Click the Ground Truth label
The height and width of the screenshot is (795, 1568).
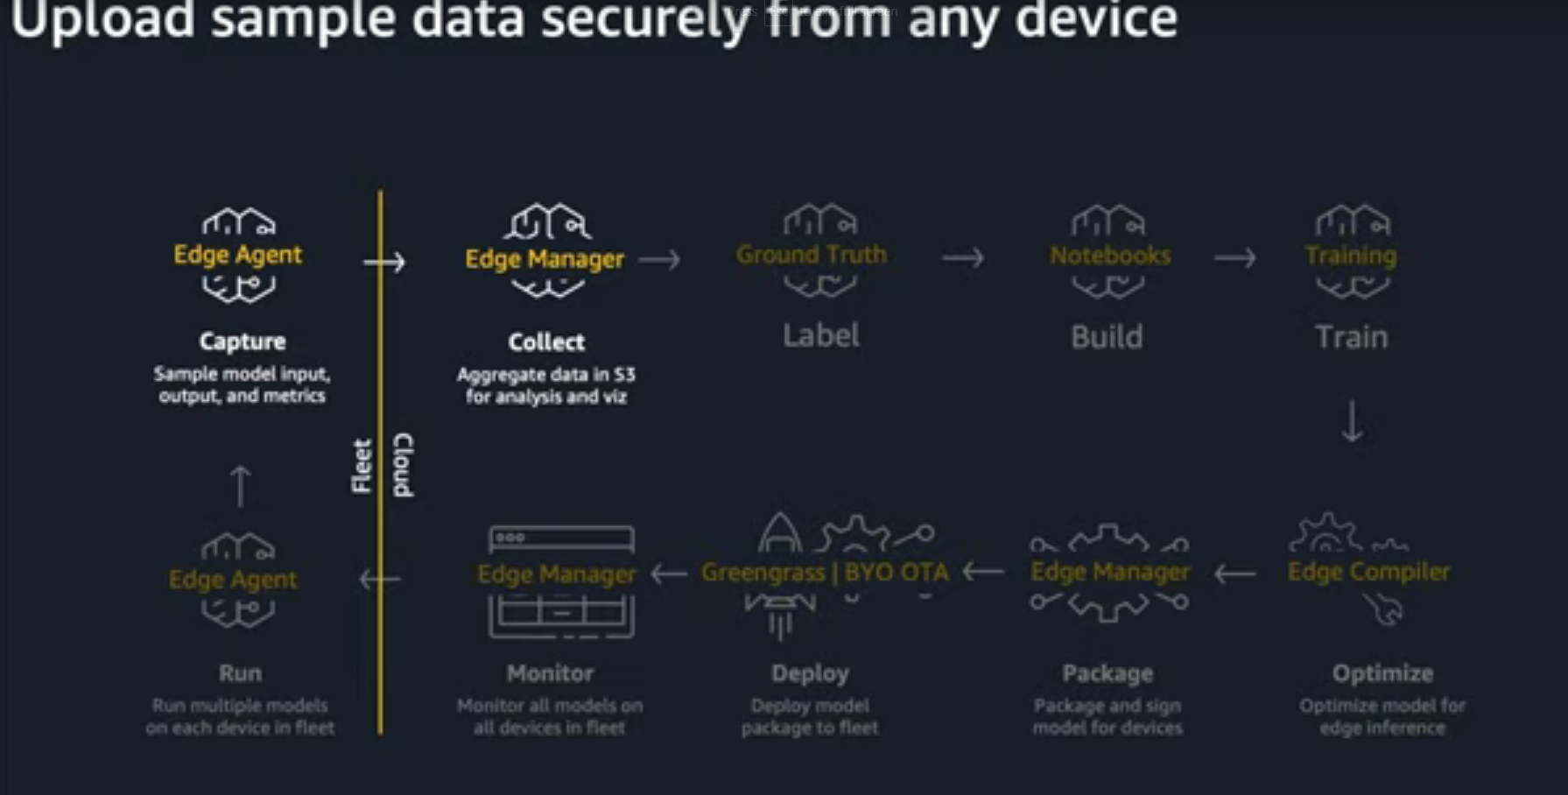812,255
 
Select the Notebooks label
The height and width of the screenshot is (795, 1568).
1109,256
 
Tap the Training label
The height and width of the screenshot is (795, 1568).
1350,256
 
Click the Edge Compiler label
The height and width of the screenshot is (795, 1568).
1368,572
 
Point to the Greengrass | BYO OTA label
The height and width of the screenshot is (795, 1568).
825,573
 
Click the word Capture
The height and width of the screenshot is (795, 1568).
243,341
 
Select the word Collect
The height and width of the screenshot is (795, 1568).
546,342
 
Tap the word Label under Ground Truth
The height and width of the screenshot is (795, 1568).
821,335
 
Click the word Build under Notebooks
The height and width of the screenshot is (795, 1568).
1107,337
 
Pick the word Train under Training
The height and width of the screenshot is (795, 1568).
1351,337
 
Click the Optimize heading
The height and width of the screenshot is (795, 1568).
1382,673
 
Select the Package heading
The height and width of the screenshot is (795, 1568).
1107,673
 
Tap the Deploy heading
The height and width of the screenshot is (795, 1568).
810,673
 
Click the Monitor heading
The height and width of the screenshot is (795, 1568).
550,673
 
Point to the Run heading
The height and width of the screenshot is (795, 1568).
240,673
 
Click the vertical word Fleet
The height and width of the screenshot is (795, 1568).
362,466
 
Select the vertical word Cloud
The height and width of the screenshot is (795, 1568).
404,465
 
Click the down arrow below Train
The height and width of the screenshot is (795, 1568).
1352,421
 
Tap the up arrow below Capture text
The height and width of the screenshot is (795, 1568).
240,486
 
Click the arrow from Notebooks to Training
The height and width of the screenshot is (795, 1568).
1234,258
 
